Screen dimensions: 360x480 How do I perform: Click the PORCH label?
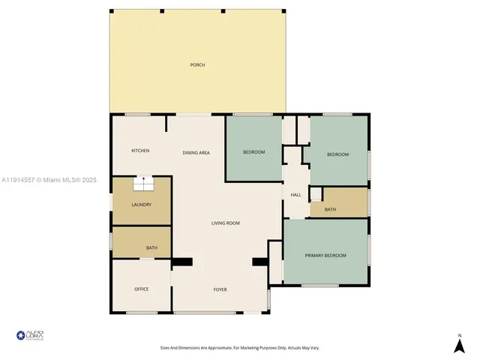[197, 65]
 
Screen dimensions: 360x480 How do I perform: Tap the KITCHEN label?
[140, 151]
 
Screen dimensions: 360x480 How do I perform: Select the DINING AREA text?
[196, 153]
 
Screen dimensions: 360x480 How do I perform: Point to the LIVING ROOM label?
[225, 223]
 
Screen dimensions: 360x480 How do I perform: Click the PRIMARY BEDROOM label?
[325, 256]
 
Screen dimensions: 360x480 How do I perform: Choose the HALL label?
[295, 195]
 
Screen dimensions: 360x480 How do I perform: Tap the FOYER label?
[220, 289]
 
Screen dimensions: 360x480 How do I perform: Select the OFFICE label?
[141, 289]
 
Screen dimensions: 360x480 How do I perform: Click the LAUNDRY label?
[141, 205]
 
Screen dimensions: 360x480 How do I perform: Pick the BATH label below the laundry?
[151, 248]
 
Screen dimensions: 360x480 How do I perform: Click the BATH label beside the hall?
[330, 209]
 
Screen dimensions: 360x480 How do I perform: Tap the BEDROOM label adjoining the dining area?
[253, 152]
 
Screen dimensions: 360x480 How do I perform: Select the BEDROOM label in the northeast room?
[337, 154]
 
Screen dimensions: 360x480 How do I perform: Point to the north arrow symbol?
[459, 345]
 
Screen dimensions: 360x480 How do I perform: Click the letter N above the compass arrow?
[459, 334]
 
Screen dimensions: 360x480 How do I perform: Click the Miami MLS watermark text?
[49, 180]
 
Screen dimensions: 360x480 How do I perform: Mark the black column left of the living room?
[182, 262]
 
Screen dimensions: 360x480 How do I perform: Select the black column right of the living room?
[260, 262]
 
